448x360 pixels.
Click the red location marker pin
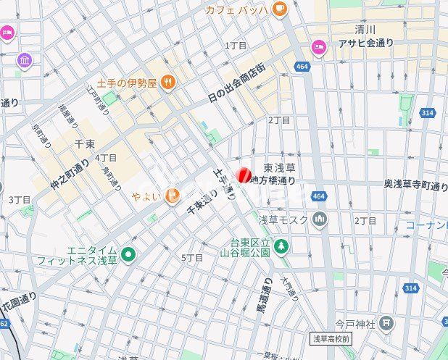click(x=244, y=175)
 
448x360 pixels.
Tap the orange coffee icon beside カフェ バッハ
click(x=280, y=9)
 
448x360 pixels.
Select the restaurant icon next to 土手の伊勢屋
click(x=168, y=83)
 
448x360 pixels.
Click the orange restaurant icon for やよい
click(x=172, y=195)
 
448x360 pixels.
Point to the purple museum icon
click(x=25, y=60)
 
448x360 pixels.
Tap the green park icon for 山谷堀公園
click(x=281, y=247)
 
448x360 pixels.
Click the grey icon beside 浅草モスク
click(x=320, y=219)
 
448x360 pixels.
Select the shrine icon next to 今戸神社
click(x=387, y=322)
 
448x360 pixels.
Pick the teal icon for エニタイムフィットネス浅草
click(x=128, y=254)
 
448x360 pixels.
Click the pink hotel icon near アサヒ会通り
click(x=318, y=47)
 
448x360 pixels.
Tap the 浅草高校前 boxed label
click(x=331, y=338)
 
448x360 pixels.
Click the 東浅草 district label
click(x=278, y=167)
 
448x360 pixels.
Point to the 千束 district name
click(x=85, y=143)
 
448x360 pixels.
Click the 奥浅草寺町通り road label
click(x=415, y=185)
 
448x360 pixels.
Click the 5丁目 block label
click(x=191, y=257)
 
